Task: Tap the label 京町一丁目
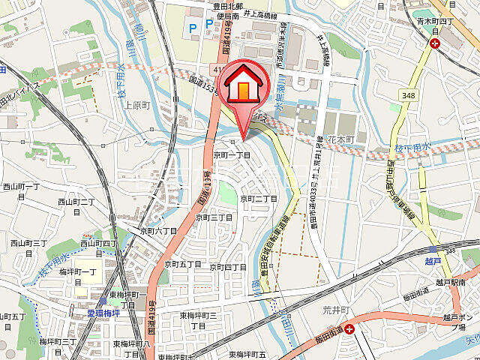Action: [232, 154]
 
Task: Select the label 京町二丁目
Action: [259, 199]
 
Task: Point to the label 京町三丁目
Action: [214, 217]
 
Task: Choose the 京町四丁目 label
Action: [228, 267]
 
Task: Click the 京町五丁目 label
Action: [183, 265]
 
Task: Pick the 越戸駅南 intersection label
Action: [448, 282]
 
